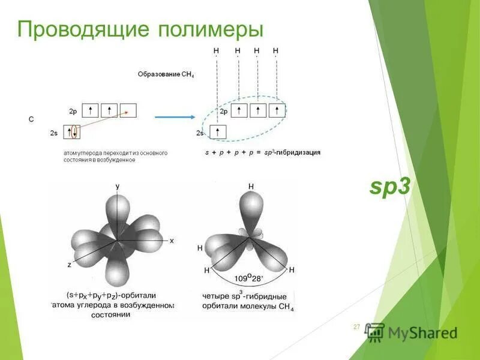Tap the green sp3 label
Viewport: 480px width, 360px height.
coord(389,188)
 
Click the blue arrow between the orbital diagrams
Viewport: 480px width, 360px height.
coord(173,117)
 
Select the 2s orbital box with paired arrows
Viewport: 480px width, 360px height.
coord(72,132)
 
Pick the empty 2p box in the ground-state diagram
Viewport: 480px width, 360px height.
coord(128,110)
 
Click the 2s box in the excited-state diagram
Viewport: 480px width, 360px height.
coord(218,132)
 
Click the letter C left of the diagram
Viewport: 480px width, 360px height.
coord(32,119)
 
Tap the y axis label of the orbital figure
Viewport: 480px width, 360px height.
coord(118,187)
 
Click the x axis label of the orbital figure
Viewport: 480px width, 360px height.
coord(172,241)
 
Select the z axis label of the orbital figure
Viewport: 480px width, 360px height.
coord(70,264)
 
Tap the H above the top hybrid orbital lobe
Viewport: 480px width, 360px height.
coord(251,187)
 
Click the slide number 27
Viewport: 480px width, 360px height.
coord(356,327)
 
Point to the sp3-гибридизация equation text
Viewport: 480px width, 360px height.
coord(262,152)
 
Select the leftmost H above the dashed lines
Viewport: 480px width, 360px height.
coord(216,50)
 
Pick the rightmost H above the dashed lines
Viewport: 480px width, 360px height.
coord(275,50)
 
